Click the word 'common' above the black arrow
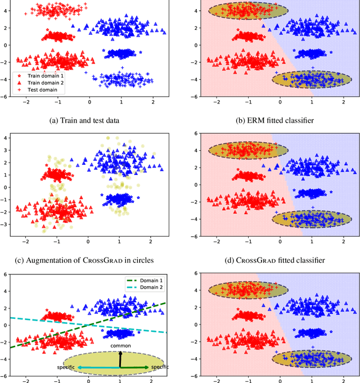[x=120, y=345]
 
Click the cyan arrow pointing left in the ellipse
[x=98, y=367]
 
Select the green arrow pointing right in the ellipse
[x=134, y=367]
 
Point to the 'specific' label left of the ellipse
[x=66, y=367]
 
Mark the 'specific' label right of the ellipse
[x=159, y=367]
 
